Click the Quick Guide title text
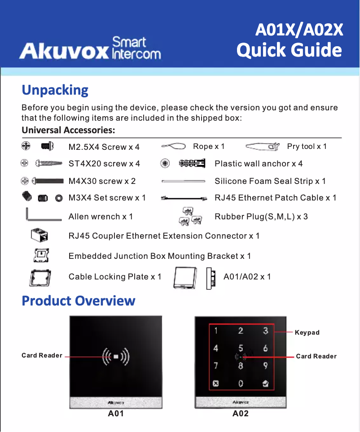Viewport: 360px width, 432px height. (x=289, y=50)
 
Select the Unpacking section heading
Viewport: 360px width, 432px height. (x=55, y=90)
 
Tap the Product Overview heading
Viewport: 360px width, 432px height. (x=79, y=300)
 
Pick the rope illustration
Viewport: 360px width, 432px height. (x=174, y=146)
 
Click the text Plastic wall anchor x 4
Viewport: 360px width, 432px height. (x=259, y=164)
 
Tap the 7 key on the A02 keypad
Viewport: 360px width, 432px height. (x=216, y=365)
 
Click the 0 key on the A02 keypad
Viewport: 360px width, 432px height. (x=241, y=383)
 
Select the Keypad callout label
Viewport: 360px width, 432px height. (x=307, y=332)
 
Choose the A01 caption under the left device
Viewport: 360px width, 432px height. (x=116, y=413)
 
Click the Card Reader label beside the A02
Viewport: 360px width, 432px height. (x=316, y=356)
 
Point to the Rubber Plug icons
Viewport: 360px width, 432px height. (x=189, y=216)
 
